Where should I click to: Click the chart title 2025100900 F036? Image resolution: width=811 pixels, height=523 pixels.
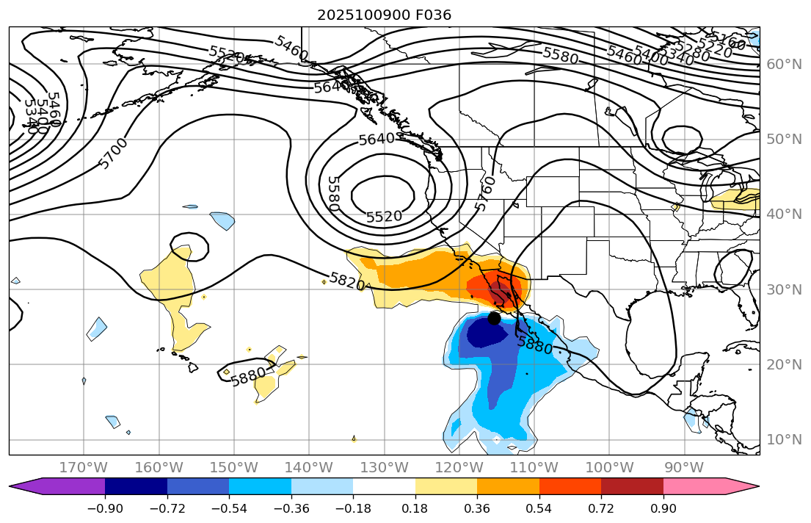pyautogui.click(x=384, y=15)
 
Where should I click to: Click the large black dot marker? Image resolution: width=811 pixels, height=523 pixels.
pyautogui.click(x=494, y=318)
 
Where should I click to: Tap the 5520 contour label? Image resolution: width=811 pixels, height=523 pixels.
pyautogui.click(x=384, y=217)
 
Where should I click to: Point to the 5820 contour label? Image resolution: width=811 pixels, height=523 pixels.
pyautogui.click(x=347, y=281)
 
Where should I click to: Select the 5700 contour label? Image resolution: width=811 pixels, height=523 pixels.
pyautogui.click(x=113, y=153)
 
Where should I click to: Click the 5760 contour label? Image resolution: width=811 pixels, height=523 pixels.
pyautogui.click(x=484, y=193)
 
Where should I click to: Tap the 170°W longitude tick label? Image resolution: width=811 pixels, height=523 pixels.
pyautogui.click(x=84, y=467)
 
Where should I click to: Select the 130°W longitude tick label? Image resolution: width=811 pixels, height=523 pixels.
pyautogui.click(x=384, y=467)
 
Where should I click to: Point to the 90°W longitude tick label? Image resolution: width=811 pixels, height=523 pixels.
pyautogui.click(x=684, y=467)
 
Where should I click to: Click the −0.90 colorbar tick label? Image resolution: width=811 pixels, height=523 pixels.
pyautogui.click(x=105, y=509)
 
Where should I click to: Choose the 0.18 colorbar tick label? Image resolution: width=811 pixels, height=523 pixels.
pyautogui.click(x=415, y=509)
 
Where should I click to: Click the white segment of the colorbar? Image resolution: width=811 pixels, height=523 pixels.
pyautogui.click(x=384, y=486)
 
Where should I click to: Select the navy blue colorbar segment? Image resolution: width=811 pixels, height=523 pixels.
pyautogui.click(x=136, y=486)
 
